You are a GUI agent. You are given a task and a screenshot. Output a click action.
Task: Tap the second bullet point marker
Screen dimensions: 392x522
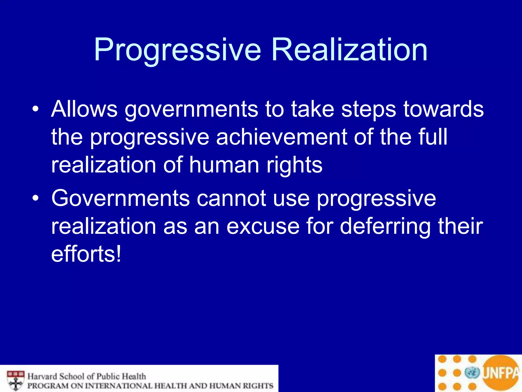pos(35,198)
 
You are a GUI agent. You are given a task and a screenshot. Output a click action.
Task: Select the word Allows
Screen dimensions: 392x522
pos(84,109)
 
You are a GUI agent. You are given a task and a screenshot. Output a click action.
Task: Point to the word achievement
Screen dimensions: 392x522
pos(281,137)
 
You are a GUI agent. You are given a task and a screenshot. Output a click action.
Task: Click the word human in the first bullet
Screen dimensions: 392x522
pos(224,165)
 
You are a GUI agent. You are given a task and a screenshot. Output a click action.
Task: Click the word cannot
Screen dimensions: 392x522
pos(231,199)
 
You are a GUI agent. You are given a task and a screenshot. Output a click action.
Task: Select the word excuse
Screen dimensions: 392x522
pos(263,226)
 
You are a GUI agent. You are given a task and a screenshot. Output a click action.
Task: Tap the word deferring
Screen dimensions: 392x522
pos(385,227)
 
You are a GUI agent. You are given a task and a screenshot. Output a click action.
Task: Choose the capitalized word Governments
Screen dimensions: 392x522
pos(120,199)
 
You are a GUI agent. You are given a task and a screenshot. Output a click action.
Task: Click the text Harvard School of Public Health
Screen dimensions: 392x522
pos(87,376)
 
